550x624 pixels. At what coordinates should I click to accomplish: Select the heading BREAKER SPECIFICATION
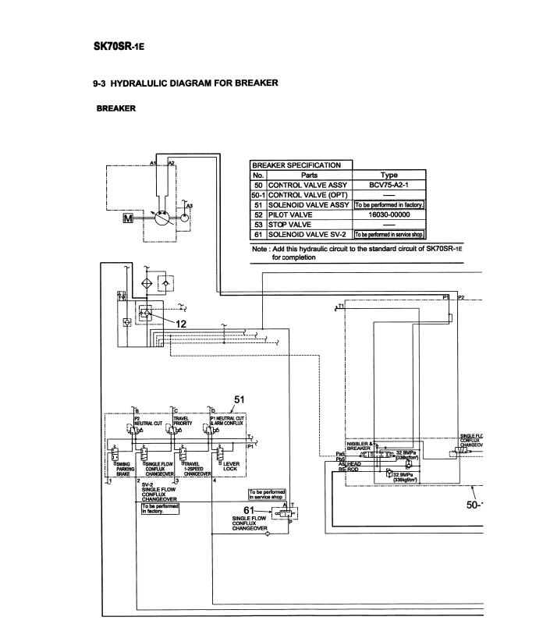coord(299,165)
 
